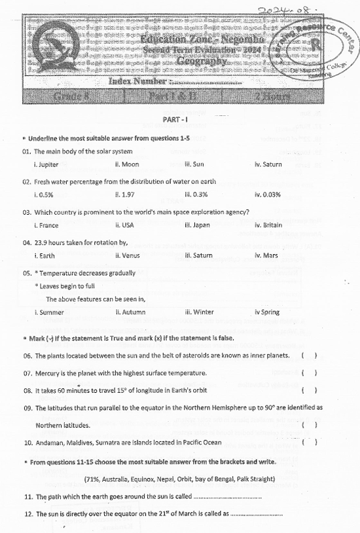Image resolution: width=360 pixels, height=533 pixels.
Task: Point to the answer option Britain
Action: tap(270, 225)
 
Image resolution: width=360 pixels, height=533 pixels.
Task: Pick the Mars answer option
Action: tap(268, 255)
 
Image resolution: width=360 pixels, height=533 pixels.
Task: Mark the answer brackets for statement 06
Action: tap(310, 356)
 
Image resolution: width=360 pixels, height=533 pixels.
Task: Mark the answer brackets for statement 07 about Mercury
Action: tap(310, 373)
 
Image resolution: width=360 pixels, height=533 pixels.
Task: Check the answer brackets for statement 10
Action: tap(310, 443)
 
